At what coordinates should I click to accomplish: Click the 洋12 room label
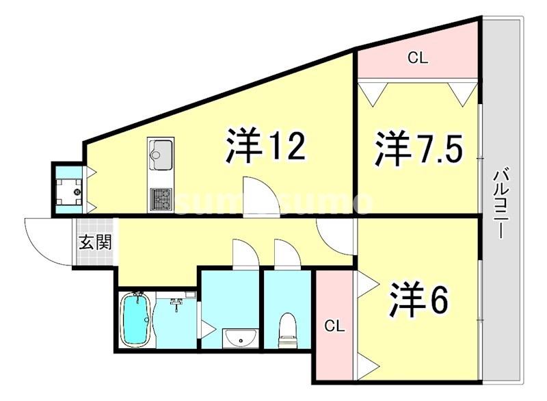pyautogui.click(x=264, y=146)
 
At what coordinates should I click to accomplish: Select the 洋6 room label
pyautogui.click(x=419, y=300)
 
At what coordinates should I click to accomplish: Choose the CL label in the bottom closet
pyautogui.click(x=334, y=324)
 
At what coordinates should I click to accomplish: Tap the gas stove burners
pyautogui.click(x=161, y=198)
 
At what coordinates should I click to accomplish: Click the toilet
pyautogui.click(x=288, y=330)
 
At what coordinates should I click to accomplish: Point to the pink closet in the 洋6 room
pyautogui.click(x=334, y=324)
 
